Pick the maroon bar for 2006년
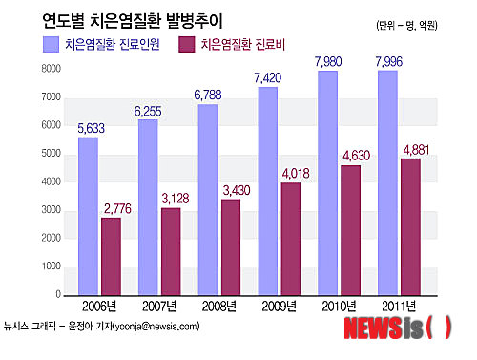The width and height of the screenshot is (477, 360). click(111, 256)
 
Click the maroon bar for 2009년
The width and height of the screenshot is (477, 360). click(291, 239)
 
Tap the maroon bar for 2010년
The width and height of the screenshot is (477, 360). click(351, 230)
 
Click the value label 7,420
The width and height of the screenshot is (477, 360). click(268, 77)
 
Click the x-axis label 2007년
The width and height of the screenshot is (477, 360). click(156, 307)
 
